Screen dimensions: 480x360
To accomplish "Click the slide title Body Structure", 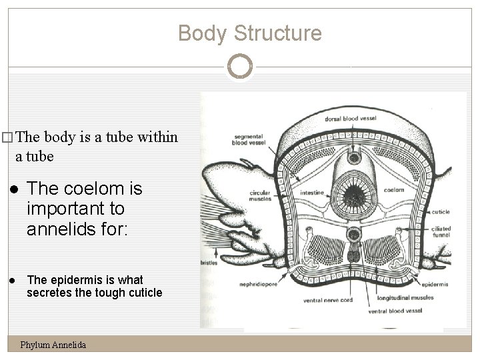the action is point(250,33).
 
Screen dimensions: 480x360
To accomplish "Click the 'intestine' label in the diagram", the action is point(313,193).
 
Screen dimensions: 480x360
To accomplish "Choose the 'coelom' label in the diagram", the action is point(393,190).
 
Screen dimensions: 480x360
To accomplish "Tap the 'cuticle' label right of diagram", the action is point(441,212).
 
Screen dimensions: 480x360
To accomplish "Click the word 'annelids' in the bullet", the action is point(55,230).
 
